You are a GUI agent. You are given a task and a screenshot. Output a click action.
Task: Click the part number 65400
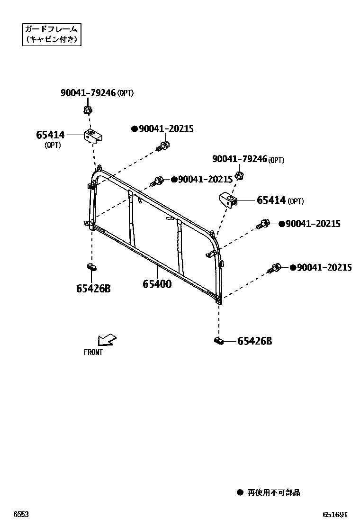[x=157, y=284]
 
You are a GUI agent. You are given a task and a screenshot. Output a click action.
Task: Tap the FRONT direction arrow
[x=107, y=339]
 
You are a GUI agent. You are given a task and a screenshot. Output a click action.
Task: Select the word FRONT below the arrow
[x=93, y=353]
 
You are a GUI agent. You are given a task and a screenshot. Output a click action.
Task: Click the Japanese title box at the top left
[x=51, y=35]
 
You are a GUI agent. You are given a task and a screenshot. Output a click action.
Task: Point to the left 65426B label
[x=93, y=288]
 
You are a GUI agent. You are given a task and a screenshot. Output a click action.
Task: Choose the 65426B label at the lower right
[x=254, y=341]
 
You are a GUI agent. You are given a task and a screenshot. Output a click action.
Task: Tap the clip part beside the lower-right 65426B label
[x=218, y=340]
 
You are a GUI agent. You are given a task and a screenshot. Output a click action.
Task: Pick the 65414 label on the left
[x=50, y=135]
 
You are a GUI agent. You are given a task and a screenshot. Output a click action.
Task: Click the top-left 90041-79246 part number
[x=88, y=93]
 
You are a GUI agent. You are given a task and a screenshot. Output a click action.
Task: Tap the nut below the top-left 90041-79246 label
[x=87, y=111]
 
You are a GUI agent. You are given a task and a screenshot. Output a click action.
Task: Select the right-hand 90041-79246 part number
[x=240, y=160]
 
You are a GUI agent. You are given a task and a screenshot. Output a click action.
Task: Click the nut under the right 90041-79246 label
[x=239, y=176]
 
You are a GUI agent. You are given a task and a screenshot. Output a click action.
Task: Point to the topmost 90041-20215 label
[x=166, y=129]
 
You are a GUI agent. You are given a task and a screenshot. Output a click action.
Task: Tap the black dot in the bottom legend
[x=240, y=493]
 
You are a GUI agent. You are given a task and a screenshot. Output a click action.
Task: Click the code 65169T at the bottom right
[x=335, y=515]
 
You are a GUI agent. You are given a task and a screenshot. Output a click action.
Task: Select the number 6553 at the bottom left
[x=21, y=515]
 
